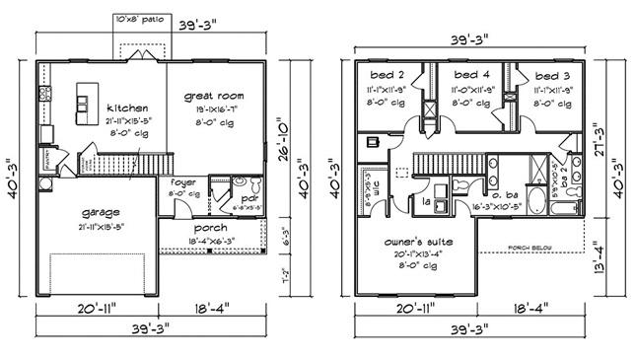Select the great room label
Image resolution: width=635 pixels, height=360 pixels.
[x=212, y=97]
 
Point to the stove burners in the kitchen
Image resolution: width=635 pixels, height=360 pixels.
[x=43, y=94]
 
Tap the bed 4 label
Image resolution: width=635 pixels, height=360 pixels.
[x=466, y=75]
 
